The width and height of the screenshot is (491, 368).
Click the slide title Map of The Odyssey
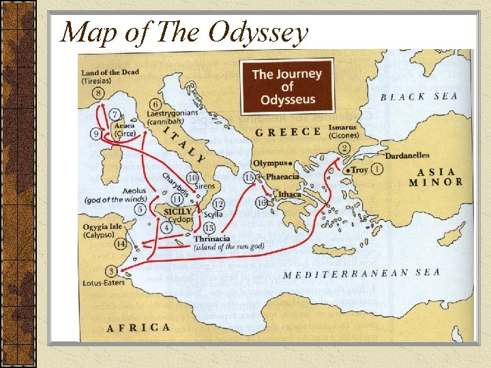[x=184, y=32]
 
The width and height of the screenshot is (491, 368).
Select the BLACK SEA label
[x=419, y=97]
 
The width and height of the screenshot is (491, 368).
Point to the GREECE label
[x=287, y=132]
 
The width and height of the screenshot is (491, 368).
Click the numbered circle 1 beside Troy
[x=377, y=169]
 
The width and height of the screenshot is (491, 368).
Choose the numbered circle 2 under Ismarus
[x=344, y=149]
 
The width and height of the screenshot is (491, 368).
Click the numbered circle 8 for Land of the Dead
[x=100, y=93]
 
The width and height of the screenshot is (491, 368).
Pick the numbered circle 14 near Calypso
[x=121, y=243]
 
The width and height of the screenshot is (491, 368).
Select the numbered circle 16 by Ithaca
[x=261, y=202]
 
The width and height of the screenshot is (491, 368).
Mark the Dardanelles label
[x=407, y=155]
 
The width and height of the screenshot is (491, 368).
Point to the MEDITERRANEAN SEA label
[x=361, y=274]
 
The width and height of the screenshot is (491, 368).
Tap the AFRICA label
[x=138, y=328]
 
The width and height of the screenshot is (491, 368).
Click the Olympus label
[x=270, y=164]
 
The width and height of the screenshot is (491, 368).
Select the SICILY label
[x=178, y=212]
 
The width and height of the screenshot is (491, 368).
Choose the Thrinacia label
[x=212, y=239]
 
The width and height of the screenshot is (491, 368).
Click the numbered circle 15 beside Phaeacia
[x=249, y=177]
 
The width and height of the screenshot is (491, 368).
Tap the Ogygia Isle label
[x=104, y=226]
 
